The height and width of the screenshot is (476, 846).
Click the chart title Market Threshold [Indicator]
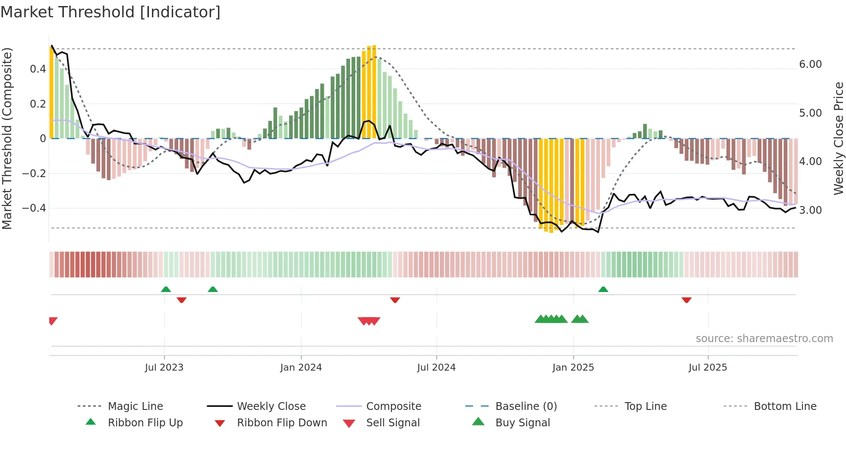110,12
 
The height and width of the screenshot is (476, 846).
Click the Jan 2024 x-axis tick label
301,367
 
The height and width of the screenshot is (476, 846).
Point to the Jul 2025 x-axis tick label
707,367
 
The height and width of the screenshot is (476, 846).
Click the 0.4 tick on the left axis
38,69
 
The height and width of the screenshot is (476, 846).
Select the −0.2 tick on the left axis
34,173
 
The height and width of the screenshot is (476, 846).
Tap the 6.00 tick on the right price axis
810,64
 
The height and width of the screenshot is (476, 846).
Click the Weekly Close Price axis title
838,138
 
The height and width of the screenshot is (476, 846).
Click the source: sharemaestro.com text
764,338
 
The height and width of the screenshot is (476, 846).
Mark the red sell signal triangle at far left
53,321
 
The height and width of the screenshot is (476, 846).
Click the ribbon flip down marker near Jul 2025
686,300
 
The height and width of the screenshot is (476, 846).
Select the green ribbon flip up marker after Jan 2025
603,289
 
